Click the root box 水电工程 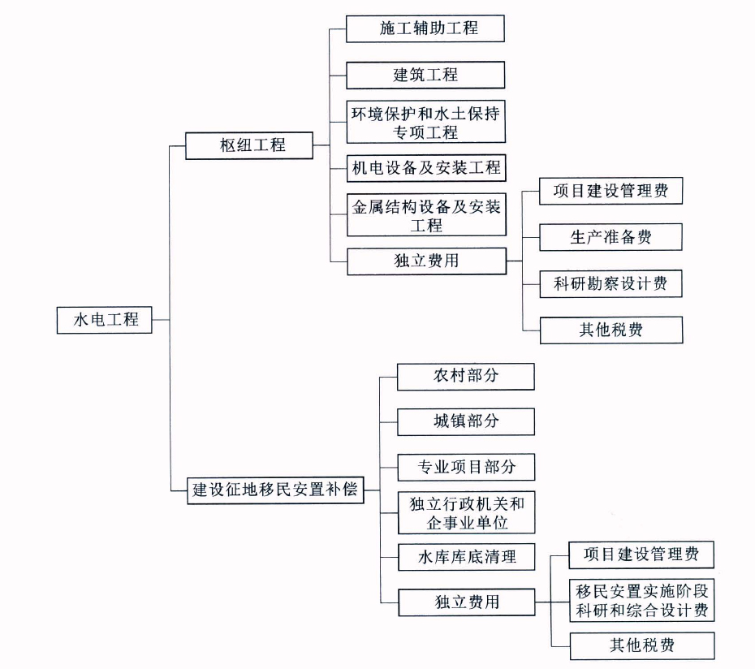coord(104,320)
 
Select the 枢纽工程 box coord(249,145)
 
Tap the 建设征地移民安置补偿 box coord(275,490)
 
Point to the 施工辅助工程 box coord(425,28)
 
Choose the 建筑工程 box coord(425,76)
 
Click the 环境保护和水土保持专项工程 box coord(425,122)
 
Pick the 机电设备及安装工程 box coord(426,168)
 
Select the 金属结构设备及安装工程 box coord(426,215)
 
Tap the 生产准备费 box coord(610,237)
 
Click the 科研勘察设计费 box coord(610,283)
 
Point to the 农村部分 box coord(466,377)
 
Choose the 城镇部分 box coord(466,422)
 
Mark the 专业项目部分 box coord(466,467)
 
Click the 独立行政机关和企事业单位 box coord(467,513)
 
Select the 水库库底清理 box coord(467,557)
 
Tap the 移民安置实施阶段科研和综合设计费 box coord(642,601)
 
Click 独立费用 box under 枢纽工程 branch coord(426,261)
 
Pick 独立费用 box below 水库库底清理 coord(467,602)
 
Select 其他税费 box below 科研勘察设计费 coord(611,330)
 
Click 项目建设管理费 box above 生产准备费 coord(610,191)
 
